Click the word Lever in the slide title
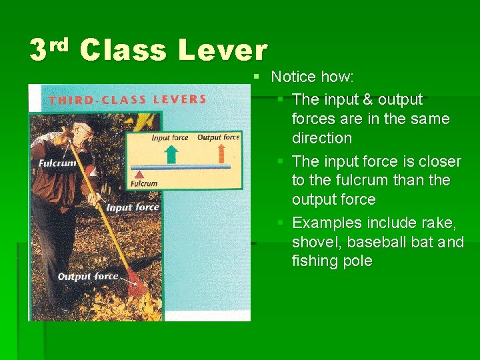[x=223, y=51]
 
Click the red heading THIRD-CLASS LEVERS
[x=127, y=100]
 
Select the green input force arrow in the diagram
[x=171, y=154]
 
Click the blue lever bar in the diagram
[x=180, y=167]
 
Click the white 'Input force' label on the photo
[x=133, y=207]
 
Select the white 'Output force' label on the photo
[x=87, y=276]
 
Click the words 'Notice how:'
[x=312, y=77]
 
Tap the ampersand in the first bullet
[x=367, y=100]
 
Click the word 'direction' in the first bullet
[x=321, y=138]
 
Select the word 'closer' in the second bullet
[x=439, y=161]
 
